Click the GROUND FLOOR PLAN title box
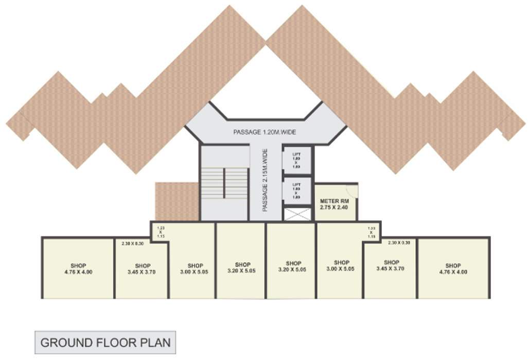coord(105,342)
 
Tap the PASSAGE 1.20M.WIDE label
coord(265,132)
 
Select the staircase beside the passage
coord(224,183)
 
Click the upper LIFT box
coord(296,159)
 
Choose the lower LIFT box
coord(296,191)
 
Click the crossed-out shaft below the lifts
coord(297,214)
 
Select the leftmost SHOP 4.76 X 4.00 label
coord(79,268)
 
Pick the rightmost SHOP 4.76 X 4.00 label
coord(453,268)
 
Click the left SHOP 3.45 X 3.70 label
coord(143,269)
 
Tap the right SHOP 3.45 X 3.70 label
coord(392,265)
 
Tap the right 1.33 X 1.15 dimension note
coord(372,231)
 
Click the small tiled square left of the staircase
coord(177,201)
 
